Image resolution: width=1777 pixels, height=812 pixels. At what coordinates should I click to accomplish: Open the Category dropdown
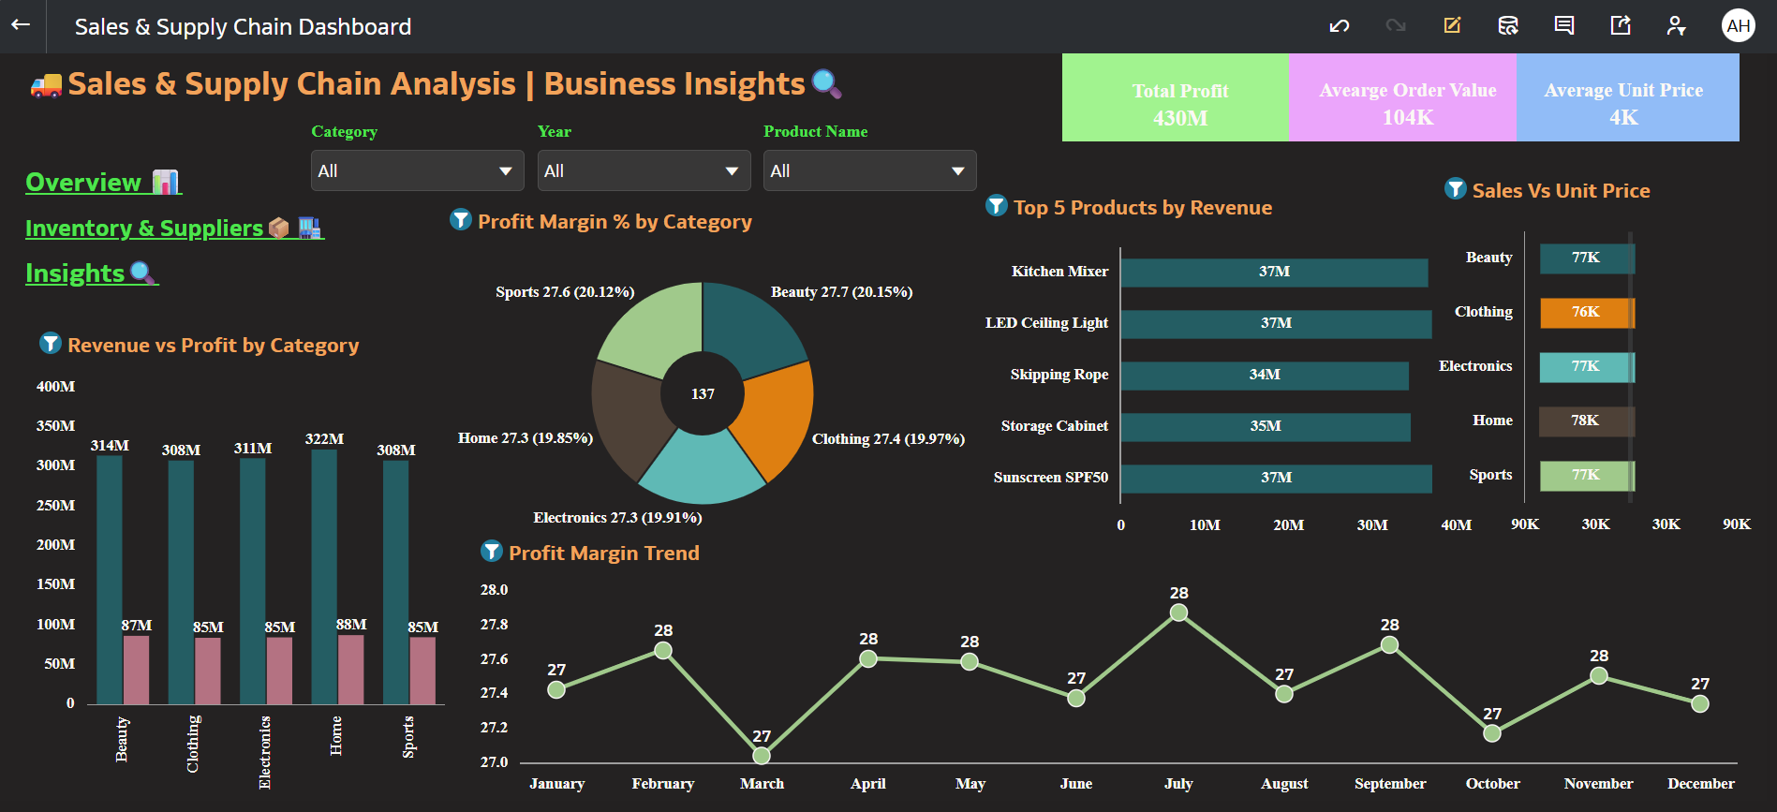click(417, 170)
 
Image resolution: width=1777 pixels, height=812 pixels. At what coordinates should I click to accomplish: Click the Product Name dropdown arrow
click(957, 170)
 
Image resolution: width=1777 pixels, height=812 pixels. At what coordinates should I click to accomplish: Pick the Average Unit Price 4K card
click(1627, 98)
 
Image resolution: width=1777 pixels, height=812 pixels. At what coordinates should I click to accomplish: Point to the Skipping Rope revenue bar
click(1264, 375)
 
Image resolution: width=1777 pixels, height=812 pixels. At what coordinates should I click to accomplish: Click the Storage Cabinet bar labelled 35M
click(1265, 426)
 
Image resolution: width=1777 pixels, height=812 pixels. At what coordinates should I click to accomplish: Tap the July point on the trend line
click(1178, 613)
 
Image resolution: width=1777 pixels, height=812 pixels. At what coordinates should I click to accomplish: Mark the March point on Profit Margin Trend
click(762, 755)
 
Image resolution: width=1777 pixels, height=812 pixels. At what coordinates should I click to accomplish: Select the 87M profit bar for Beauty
click(137, 669)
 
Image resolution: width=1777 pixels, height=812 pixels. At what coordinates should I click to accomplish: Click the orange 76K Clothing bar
click(1586, 313)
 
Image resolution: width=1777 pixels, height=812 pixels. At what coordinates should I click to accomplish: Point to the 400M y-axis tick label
click(55, 386)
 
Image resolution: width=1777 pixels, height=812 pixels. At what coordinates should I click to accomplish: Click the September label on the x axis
click(1390, 784)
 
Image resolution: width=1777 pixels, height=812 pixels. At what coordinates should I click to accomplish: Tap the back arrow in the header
click(21, 25)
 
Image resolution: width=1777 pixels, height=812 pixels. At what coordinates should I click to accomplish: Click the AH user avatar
click(1738, 25)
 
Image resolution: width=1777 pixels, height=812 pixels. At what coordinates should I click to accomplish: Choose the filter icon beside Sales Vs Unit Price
click(1455, 189)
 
